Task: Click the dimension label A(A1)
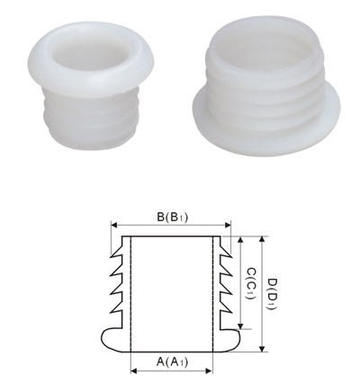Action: click(x=171, y=362)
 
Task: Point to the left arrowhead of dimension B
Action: click(x=112, y=227)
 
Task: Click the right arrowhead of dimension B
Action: click(x=228, y=227)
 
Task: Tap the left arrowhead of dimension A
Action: click(x=132, y=370)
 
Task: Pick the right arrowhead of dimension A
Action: click(x=210, y=370)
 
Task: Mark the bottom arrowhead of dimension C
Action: click(x=241, y=328)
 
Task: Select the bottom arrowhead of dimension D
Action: click(x=262, y=350)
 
